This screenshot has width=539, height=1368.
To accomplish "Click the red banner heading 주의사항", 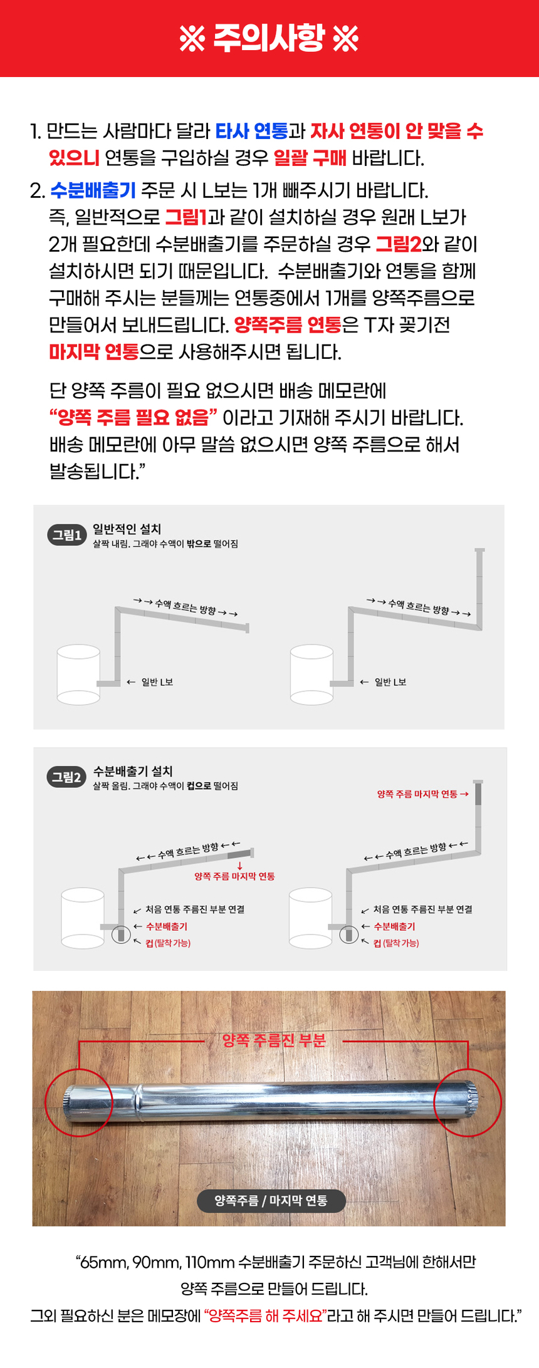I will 269,39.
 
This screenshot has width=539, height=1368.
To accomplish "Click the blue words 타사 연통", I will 251,132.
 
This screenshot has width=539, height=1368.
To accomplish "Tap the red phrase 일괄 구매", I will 310,158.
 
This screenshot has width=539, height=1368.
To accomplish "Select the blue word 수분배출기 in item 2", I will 92,190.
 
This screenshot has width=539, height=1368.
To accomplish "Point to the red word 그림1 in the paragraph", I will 186,217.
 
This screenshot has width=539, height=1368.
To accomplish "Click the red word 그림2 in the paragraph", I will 398,244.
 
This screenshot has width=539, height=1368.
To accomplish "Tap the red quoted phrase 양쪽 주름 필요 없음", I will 133,417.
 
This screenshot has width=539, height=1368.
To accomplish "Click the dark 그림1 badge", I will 66,535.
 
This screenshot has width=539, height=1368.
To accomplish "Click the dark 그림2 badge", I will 66,777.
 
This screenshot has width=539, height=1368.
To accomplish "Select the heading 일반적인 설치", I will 127,529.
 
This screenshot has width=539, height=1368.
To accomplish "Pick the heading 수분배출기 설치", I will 132,772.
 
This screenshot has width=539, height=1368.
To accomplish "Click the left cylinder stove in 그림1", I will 78,675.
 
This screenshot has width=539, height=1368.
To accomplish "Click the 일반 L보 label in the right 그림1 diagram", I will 390,682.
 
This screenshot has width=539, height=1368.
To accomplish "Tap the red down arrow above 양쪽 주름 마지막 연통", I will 239,866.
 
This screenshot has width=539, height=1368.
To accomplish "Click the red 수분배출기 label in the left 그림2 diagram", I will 166,926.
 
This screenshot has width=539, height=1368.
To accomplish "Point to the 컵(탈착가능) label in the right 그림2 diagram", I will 396,943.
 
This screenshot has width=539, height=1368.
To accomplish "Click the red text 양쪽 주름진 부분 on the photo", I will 274,1040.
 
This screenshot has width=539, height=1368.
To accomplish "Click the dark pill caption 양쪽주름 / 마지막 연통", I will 271,1200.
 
